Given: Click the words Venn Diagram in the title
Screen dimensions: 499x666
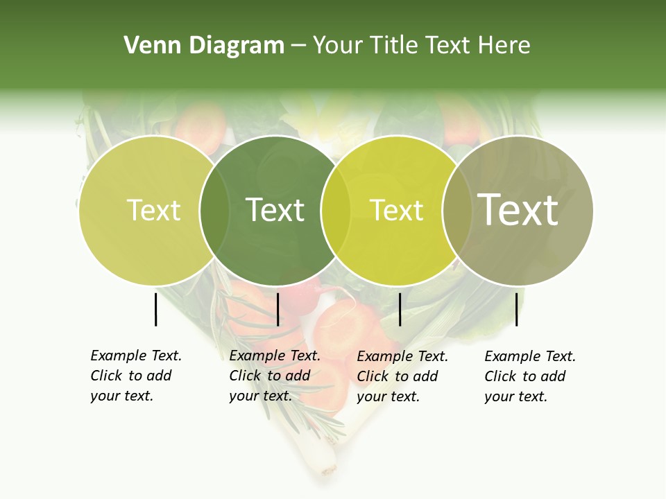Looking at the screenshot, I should click(204, 46).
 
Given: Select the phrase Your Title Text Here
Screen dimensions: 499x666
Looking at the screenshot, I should click(421, 46).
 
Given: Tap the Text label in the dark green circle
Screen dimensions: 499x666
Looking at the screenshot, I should click(275, 210).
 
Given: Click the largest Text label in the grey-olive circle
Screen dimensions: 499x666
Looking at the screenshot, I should click(518, 209).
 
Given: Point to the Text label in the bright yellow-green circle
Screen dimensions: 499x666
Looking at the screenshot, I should click(396, 210).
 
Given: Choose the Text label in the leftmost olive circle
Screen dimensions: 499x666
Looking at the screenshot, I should click(153, 210).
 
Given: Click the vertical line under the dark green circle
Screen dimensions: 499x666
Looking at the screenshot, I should click(277, 309).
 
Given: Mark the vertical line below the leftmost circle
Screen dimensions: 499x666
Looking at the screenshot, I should click(155, 309).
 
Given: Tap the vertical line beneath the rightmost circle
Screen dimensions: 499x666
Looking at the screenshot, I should click(516, 309).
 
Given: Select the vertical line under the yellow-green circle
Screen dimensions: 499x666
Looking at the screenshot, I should click(400, 309).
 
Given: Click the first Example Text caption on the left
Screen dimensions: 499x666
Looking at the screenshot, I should click(135, 376).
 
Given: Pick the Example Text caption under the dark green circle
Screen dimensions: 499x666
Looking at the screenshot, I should click(274, 376).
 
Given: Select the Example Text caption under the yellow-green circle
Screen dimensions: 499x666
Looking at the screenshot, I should click(402, 376).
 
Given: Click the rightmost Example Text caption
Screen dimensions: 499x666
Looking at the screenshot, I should click(529, 376).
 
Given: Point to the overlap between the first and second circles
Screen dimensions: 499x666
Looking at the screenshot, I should click(214, 210).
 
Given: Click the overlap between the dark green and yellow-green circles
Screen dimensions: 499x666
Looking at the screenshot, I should click(335, 210).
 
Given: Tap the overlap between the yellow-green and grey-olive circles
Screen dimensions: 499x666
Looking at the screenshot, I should click(456, 210).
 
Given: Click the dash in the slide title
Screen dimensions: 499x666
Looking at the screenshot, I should click(298, 46).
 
